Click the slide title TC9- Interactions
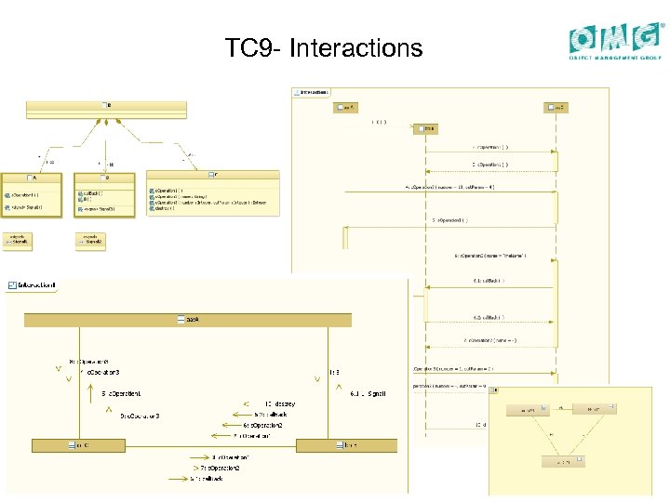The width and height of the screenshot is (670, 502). [x=323, y=47]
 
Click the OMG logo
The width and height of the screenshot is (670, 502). [x=617, y=42]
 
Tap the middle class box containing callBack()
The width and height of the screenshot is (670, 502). [x=105, y=193]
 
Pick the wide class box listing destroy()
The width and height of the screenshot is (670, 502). [x=212, y=192]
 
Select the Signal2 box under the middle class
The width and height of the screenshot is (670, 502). [x=90, y=241]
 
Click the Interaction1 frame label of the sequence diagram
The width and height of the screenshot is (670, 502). [x=312, y=92]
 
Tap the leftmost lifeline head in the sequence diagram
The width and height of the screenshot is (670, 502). [x=346, y=108]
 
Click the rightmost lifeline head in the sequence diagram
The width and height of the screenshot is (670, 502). [x=556, y=108]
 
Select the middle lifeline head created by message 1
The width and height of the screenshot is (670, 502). [x=425, y=128]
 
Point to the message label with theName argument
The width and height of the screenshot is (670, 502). [x=490, y=255]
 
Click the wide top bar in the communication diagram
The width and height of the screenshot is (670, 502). [x=189, y=320]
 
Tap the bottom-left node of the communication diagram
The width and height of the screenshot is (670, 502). [x=82, y=445]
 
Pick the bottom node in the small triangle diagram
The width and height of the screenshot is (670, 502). [x=562, y=461]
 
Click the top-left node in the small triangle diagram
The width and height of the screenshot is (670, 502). [x=528, y=409]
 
